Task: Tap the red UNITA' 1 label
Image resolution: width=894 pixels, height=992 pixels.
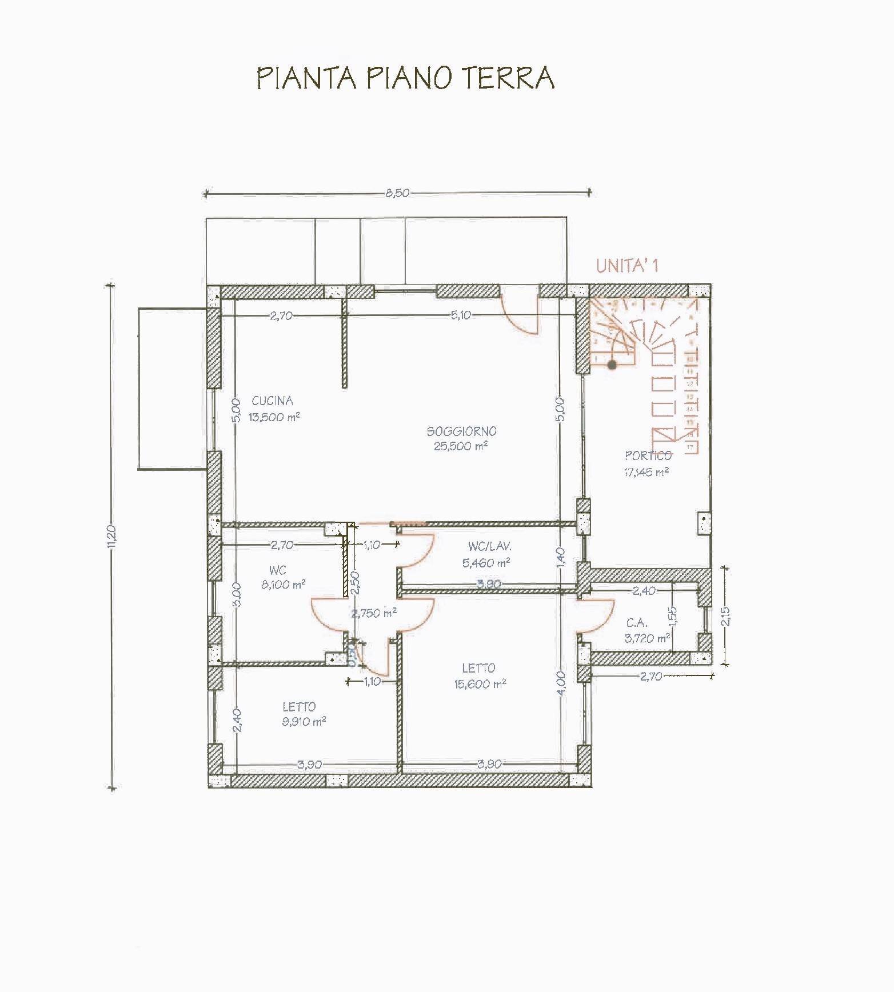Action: (x=627, y=266)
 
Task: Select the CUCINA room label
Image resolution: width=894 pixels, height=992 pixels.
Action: (x=273, y=401)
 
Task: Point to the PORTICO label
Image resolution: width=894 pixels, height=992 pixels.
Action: (x=648, y=455)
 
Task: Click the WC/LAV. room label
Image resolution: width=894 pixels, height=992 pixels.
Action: (x=486, y=547)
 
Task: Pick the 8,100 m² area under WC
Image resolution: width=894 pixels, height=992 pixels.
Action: (x=282, y=585)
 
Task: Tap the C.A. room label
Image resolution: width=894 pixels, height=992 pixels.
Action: (x=637, y=623)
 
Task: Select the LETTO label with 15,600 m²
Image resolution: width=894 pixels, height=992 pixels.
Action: (x=478, y=667)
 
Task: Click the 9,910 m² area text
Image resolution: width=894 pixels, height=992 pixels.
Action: (x=304, y=722)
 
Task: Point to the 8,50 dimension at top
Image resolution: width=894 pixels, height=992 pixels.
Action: (x=397, y=193)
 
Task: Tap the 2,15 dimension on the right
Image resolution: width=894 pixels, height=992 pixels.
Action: (x=725, y=616)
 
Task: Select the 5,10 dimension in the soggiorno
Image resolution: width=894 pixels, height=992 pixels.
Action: (x=461, y=315)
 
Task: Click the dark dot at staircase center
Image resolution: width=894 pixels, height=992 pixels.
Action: (x=612, y=363)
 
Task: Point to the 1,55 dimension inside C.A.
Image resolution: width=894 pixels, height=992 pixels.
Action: (x=672, y=616)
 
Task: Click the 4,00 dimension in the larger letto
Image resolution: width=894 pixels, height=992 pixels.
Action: (x=560, y=683)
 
